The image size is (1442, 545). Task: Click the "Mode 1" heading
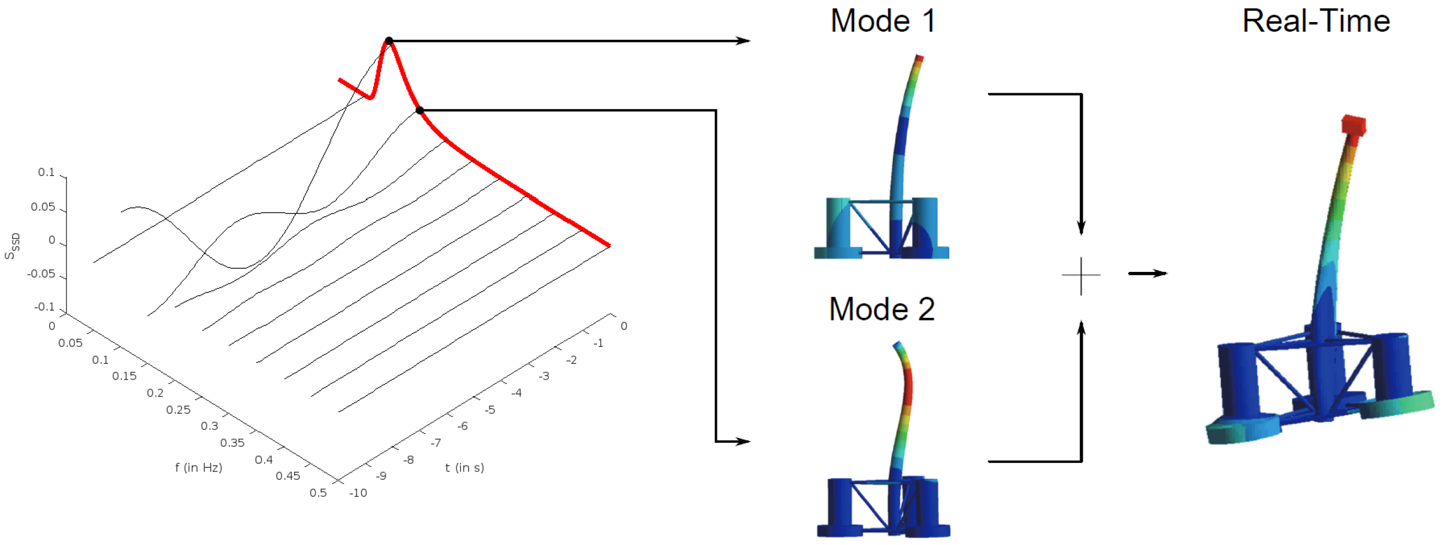(883, 22)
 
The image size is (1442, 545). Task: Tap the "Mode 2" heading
(882, 309)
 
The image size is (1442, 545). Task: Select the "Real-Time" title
(1316, 22)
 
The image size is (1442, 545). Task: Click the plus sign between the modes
(1081, 275)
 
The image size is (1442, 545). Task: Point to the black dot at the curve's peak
(389, 41)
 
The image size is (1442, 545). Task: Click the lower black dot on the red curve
(420, 110)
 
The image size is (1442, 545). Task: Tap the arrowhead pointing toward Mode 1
(743, 41)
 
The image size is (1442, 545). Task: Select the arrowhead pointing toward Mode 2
(743, 441)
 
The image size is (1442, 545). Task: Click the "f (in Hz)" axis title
(199, 467)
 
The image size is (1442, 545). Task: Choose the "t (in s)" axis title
(465, 467)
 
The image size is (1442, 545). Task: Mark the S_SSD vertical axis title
(12, 246)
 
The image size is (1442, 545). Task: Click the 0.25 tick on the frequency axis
(178, 410)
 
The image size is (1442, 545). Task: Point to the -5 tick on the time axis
(490, 410)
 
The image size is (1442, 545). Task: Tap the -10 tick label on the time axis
(358, 493)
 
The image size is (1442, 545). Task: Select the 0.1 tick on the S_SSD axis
(46, 172)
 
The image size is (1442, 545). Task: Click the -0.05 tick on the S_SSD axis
(41, 274)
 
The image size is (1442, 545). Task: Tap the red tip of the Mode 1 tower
(919, 57)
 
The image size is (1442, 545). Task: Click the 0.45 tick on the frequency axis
(288, 475)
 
